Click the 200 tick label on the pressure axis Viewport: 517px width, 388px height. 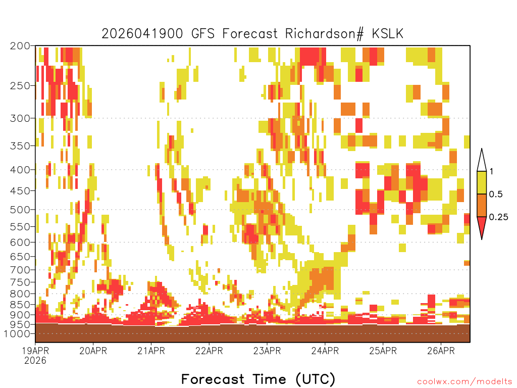pyautogui.click(x=20, y=46)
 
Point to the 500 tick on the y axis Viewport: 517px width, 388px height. pyautogui.click(x=20, y=210)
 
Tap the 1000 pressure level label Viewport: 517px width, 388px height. pyautogui.click(x=17, y=333)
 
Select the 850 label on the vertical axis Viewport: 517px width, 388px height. pyautogui.click(x=20, y=305)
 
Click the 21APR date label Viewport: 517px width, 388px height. pyautogui.click(x=151, y=351)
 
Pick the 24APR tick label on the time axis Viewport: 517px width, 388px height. pyautogui.click(x=325, y=351)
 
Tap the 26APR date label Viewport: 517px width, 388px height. pyautogui.click(x=441, y=351)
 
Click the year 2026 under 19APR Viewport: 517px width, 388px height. pyautogui.click(x=35, y=361)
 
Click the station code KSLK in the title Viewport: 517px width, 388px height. pyautogui.click(x=387, y=34)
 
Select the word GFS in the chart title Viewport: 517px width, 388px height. pyautogui.click(x=203, y=34)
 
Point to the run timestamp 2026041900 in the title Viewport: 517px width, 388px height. pyautogui.click(x=142, y=34)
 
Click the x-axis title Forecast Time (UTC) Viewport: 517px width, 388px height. pyautogui.click(x=258, y=379)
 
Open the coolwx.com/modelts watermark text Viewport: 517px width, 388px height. pyautogui.click(x=464, y=382)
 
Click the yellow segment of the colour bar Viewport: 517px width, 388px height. pyautogui.click(x=481, y=182)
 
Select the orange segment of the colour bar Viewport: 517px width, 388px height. pyautogui.click(x=481, y=205)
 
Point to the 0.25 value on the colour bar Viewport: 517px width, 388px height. pyautogui.click(x=498, y=217)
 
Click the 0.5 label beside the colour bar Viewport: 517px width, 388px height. pyautogui.click(x=496, y=195)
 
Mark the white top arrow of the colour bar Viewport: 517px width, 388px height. pyautogui.click(x=481, y=161)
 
